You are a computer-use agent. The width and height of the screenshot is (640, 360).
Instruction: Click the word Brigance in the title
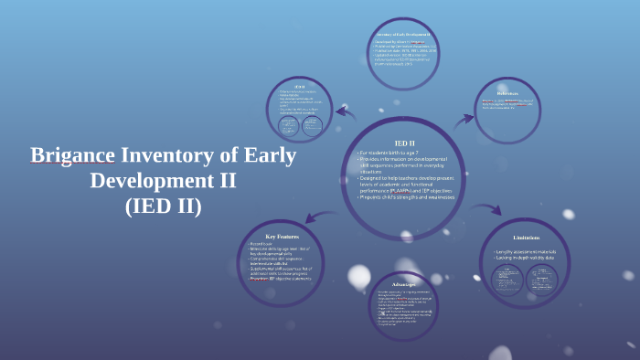point(72,155)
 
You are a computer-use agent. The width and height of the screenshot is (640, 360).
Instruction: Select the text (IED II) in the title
point(163,205)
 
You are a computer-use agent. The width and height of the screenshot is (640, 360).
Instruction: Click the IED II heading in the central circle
point(404,143)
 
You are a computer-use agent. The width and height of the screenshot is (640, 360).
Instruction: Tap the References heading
point(513,92)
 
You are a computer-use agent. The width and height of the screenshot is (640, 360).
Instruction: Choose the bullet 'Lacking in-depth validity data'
point(526,259)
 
